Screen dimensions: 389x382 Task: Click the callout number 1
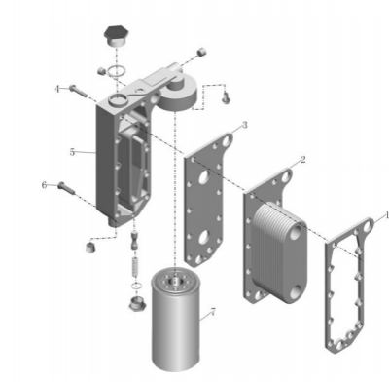coord(386,215)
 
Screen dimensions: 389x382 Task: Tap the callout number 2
coord(302,159)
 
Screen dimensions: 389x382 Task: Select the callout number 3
coord(245,125)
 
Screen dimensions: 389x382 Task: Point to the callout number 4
coord(57,89)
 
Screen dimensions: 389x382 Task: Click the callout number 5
coord(72,152)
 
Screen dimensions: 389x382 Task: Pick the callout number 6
coord(44,185)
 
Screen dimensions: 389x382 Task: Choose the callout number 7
coord(213,312)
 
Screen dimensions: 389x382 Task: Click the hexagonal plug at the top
coord(116,35)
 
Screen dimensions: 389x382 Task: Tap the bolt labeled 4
coord(78,91)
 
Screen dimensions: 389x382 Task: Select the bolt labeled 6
coord(66,189)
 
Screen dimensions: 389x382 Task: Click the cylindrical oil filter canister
coord(176,319)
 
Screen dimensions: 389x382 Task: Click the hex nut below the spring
coord(136,303)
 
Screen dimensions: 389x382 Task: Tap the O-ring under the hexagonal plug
coord(116,70)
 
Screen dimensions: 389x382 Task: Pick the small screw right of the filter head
coord(226,97)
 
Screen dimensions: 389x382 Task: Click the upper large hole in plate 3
coord(204,177)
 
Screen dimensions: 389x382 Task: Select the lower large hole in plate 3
coord(204,237)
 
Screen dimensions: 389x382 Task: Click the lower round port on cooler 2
coord(298,292)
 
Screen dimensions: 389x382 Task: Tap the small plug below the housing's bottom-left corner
coord(89,248)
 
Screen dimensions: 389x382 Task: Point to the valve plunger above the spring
coord(134,241)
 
